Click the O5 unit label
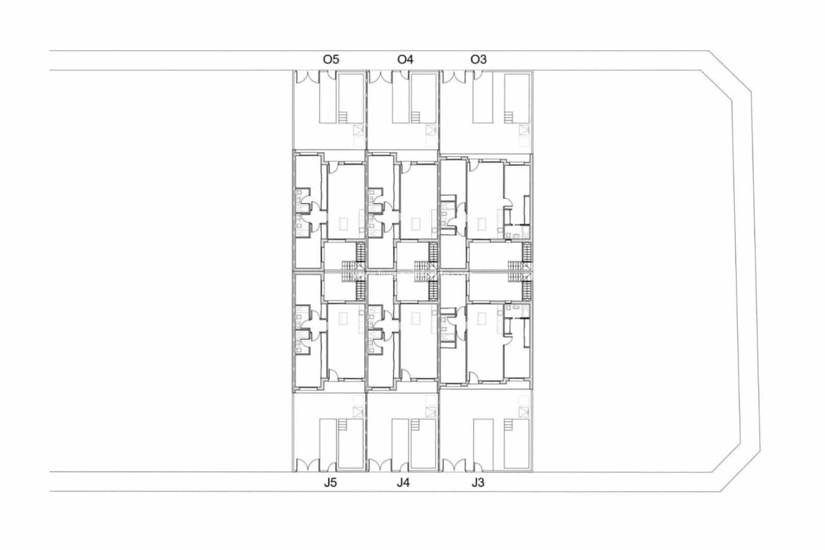331,59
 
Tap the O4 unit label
405,59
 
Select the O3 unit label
478,59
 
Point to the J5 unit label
330,482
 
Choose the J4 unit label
403,482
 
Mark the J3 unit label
477,482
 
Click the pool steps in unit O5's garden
342,117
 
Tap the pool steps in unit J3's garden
508,425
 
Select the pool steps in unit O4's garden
416,117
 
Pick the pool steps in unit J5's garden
342,425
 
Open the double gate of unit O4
381,77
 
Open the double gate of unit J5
307,465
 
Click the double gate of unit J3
454,465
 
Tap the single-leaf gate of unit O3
478,75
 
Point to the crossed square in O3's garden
524,130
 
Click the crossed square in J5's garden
358,412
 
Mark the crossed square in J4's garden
431,412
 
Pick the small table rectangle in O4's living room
416,224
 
